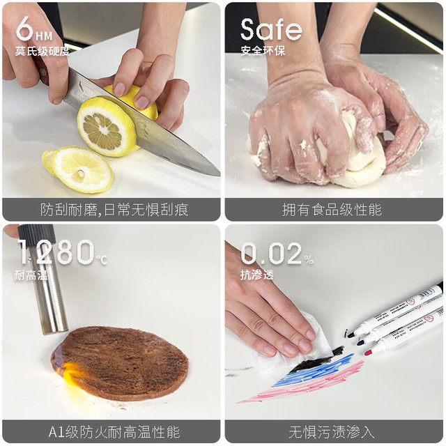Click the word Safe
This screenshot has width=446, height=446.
pos(271,29)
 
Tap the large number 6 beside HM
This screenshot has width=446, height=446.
pos(25,29)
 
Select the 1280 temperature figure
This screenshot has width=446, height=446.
pos(56,252)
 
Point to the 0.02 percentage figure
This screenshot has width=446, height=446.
pos(271,253)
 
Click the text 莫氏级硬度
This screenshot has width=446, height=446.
pos(43,51)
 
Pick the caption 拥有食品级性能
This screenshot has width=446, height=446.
pos(332,210)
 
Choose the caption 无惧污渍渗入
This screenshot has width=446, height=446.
pos(332,432)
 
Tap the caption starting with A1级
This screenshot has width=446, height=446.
pos(114,432)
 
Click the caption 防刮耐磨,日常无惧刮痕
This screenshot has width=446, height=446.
pos(114,210)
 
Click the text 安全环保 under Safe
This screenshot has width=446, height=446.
pos(263,51)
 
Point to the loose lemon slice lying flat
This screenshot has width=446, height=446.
pos(78,169)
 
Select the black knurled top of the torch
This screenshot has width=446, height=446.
pos(37,235)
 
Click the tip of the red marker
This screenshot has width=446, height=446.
pos(368,353)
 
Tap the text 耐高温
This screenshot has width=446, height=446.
pos(31,275)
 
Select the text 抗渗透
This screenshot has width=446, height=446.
pos(257,275)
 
